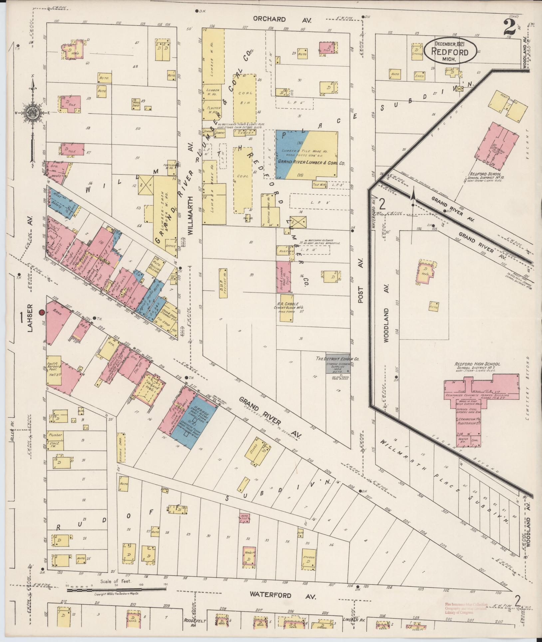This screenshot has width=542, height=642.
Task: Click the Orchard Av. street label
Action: click(x=282, y=20)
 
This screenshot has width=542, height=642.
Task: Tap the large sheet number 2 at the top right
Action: click(x=509, y=28)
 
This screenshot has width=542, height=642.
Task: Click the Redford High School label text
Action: click(x=477, y=364)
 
